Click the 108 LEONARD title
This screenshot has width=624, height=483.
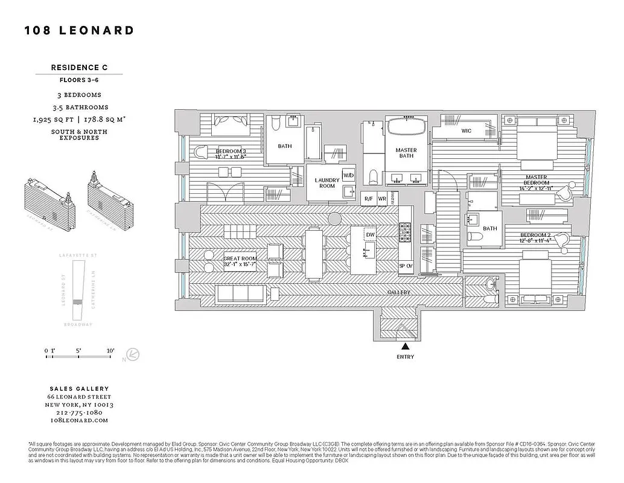click(x=79, y=30)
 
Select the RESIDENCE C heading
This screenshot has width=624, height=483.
click(x=80, y=68)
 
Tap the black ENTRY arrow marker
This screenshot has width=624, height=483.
click(x=406, y=346)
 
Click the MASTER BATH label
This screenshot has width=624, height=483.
click(x=406, y=154)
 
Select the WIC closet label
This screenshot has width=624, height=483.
click(x=466, y=131)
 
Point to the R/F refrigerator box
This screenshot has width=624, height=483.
click(x=368, y=199)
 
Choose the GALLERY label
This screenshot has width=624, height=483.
click(x=399, y=292)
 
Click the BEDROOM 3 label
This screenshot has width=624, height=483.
click(x=231, y=154)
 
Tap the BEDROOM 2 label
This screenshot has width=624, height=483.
click(x=536, y=238)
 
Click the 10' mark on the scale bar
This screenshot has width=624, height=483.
click(x=110, y=350)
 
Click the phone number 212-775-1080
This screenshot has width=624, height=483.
click(x=80, y=412)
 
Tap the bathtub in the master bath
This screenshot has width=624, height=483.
click(x=406, y=128)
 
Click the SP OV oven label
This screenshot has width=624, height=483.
click(x=405, y=266)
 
